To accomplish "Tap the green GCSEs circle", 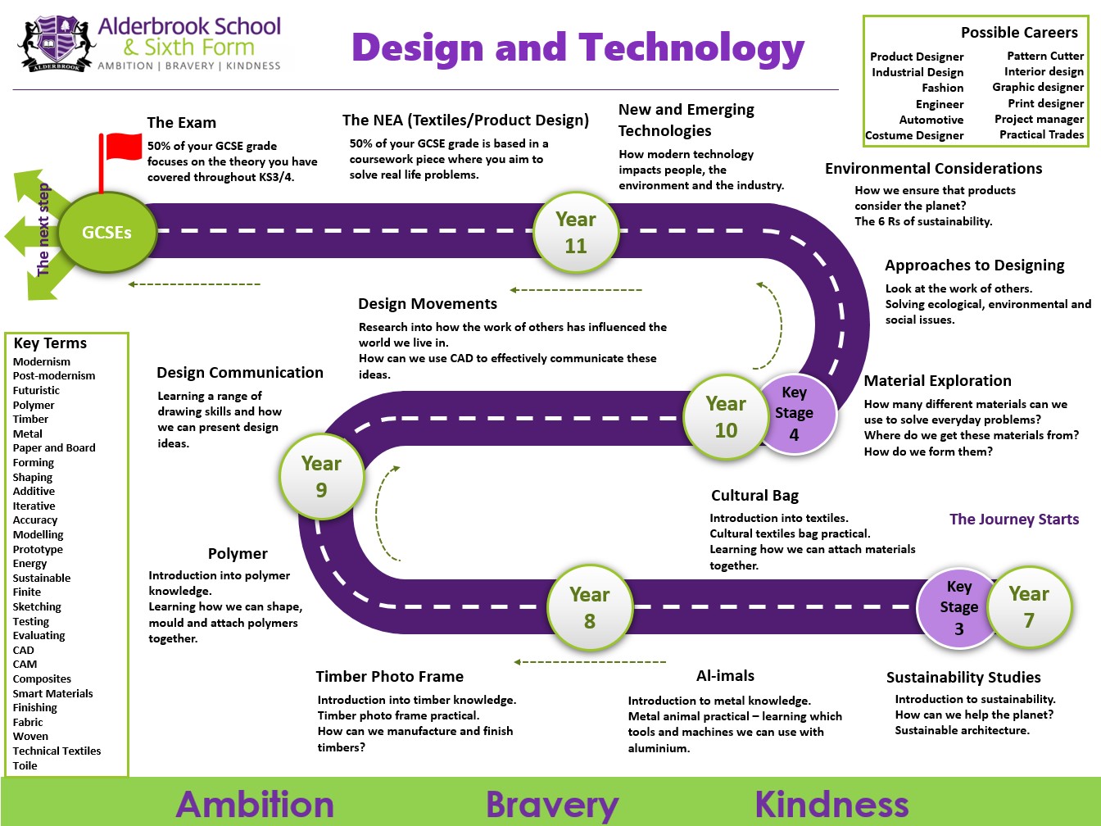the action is click(107, 232).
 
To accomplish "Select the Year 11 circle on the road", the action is click(576, 233).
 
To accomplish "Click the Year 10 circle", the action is click(726, 417).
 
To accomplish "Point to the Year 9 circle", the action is click(321, 476).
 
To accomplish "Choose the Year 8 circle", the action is click(589, 608).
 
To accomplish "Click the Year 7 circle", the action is click(1029, 607).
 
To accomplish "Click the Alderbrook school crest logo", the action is click(57, 44).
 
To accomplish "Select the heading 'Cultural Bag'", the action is click(754, 496).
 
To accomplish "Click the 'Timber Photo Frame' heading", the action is click(389, 677).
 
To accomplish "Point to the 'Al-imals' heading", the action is click(725, 675).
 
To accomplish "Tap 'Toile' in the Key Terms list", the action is click(25, 765).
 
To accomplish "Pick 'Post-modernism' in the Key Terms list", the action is click(54, 375).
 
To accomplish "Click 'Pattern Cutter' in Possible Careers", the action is click(1045, 56).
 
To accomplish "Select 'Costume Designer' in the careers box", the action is click(914, 135).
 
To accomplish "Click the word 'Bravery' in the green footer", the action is click(552, 805).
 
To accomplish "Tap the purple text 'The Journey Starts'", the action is click(1014, 519).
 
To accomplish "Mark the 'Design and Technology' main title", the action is click(578, 48).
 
